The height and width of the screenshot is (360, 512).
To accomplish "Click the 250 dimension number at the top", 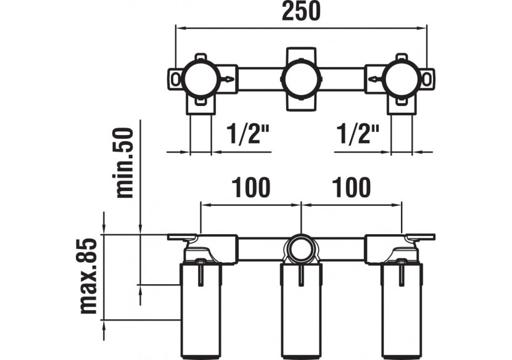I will tap(302, 12).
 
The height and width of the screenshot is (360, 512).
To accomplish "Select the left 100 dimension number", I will tap(250, 187).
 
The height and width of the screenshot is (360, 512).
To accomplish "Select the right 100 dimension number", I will tap(351, 187).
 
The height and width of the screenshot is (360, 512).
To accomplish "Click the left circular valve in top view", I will tap(201, 79).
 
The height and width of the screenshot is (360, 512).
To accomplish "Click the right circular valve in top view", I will tap(401, 79).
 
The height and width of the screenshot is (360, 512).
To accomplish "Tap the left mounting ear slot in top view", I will tap(177, 79).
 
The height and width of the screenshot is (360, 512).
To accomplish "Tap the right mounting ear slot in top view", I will tap(426, 79).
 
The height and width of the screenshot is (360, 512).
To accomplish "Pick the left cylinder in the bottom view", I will tap(201, 308).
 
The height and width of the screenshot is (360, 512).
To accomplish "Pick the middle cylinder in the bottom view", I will tap(301, 308).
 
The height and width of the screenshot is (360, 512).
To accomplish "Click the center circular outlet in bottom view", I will tap(301, 250).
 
